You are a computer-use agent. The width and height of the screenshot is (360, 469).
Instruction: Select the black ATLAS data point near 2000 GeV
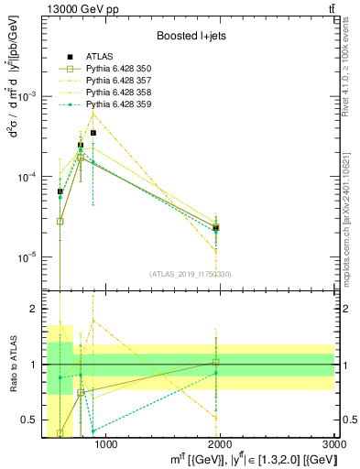(x=215, y=227)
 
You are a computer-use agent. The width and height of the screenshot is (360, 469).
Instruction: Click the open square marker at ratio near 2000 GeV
(x=215, y=363)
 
